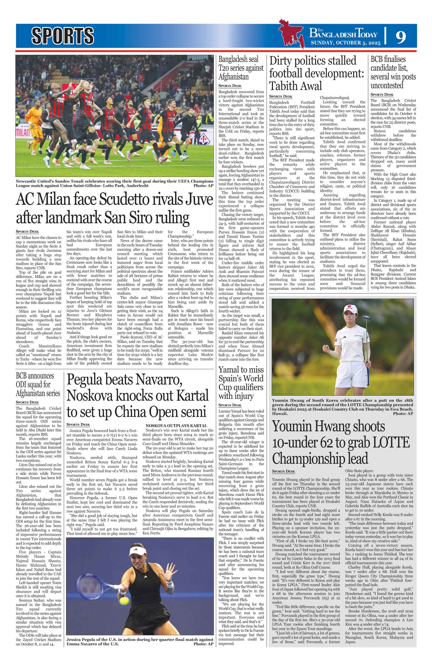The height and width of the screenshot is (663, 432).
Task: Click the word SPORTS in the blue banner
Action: click(62, 36)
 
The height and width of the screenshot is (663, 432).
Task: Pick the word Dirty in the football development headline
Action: click(284, 61)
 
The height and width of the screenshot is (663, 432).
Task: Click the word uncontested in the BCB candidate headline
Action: click(387, 85)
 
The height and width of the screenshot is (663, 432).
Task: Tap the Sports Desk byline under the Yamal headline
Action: click(230, 405)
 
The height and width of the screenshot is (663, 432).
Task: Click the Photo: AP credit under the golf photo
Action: click(403, 413)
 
